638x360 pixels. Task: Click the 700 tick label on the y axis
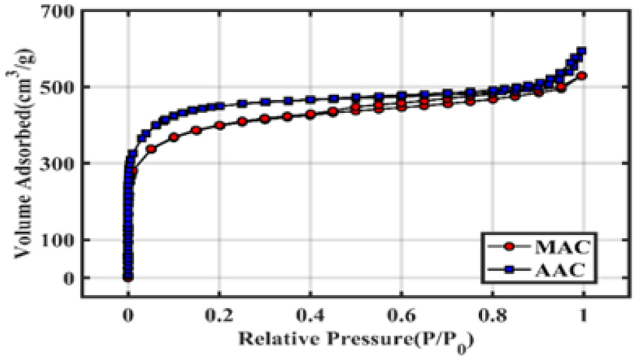coord(59,12)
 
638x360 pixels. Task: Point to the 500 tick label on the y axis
coord(59,87)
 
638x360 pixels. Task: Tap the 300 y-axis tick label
coord(59,163)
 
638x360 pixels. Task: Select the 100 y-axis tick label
coord(59,240)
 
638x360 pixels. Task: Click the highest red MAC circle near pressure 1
coord(582,76)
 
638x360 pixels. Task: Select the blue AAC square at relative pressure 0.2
coord(219,105)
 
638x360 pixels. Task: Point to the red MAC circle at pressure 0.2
coord(219,125)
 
